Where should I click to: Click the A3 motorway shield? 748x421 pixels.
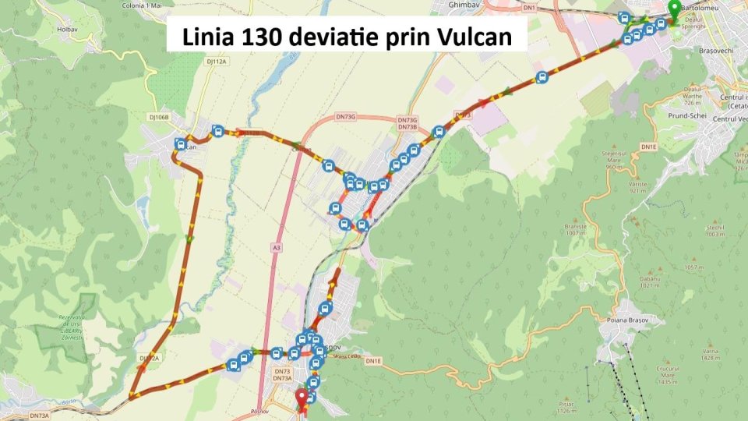pyautogui.click(x=277, y=247)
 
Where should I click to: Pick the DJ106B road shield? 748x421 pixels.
pyautogui.click(x=159, y=117)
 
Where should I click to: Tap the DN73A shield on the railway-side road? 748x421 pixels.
pyautogui.click(x=39, y=416)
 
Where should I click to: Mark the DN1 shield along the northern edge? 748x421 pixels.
pyautogui.click(x=531, y=7)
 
